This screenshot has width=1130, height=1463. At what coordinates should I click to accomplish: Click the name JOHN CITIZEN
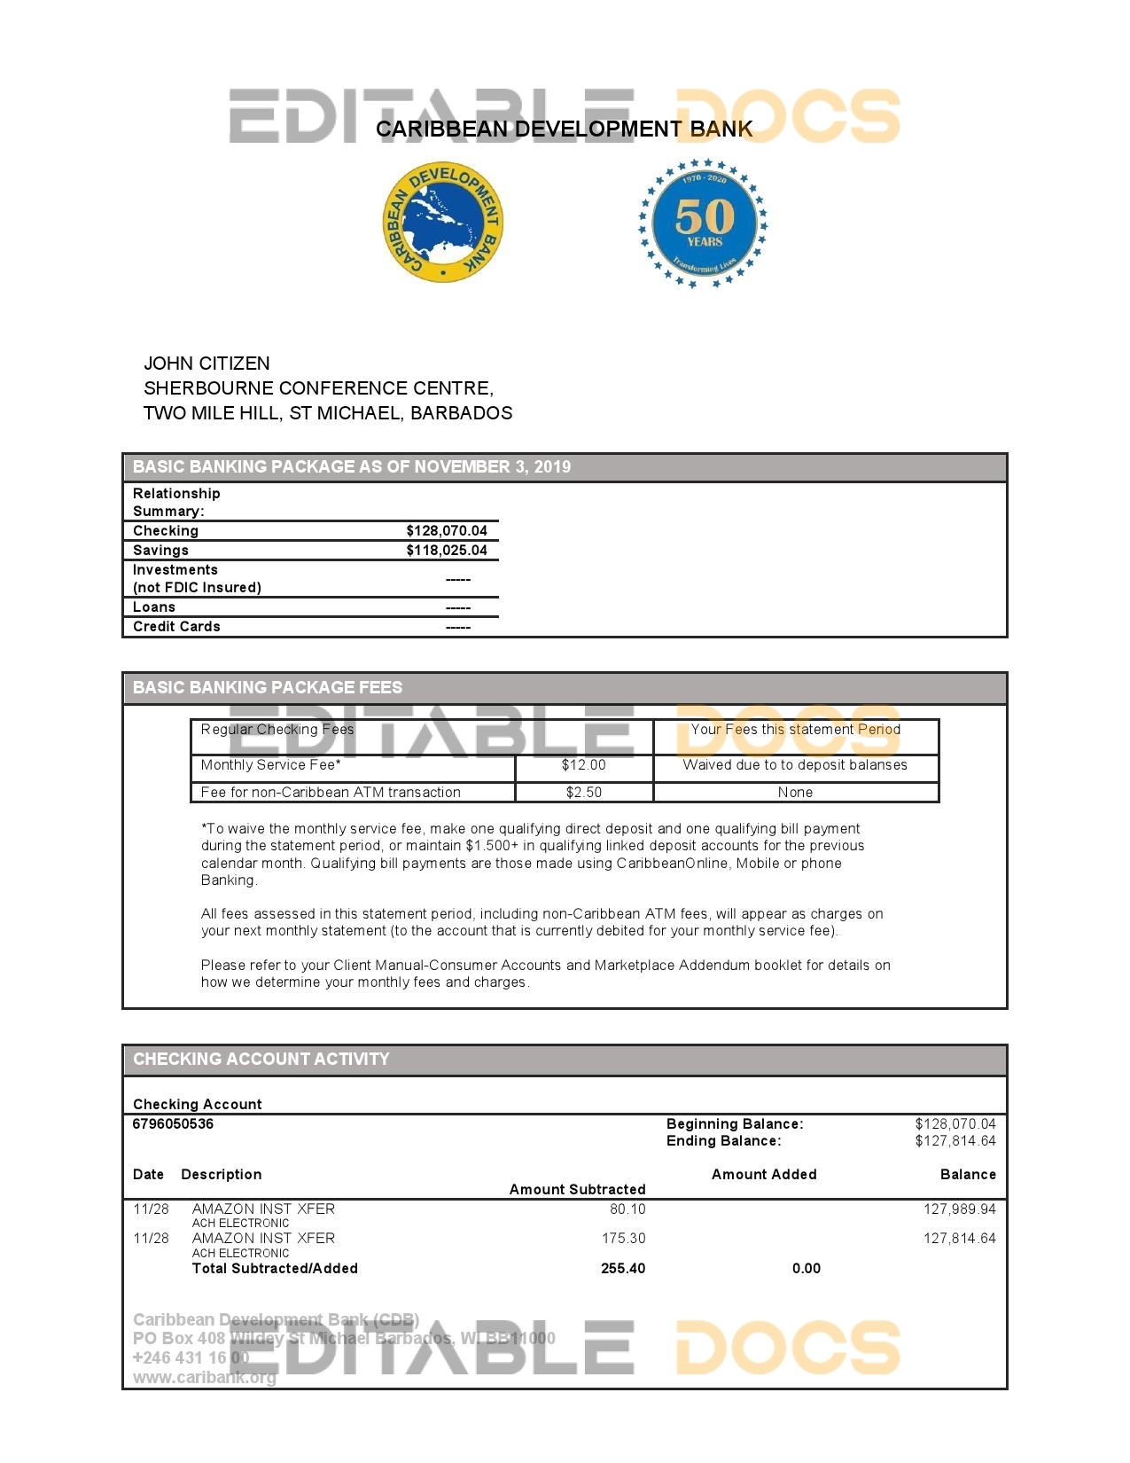click(207, 364)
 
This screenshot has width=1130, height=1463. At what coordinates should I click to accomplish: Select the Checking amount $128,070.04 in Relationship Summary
click(447, 531)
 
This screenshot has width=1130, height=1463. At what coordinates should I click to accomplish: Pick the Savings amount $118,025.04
click(447, 551)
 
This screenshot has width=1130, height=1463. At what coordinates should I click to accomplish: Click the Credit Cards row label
click(176, 627)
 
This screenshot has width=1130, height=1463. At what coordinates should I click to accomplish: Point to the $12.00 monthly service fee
click(583, 765)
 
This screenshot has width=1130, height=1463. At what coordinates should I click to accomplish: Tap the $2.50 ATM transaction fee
click(583, 793)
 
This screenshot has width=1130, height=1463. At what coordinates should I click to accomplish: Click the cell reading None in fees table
click(795, 793)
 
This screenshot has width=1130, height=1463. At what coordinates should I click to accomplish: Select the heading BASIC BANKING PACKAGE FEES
click(268, 688)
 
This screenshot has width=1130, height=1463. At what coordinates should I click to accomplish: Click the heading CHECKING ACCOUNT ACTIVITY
click(261, 1060)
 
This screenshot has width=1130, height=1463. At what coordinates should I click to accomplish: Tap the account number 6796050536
click(173, 1124)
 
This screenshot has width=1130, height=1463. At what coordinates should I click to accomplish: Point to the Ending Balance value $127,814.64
click(955, 1141)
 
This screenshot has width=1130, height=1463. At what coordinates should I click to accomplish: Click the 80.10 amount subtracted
click(627, 1209)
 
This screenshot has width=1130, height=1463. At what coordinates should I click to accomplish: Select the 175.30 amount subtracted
click(623, 1239)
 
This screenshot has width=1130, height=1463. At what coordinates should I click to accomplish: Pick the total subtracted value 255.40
click(623, 1269)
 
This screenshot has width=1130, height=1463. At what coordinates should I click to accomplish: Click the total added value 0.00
click(806, 1269)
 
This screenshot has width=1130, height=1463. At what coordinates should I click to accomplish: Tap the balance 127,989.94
click(959, 1209)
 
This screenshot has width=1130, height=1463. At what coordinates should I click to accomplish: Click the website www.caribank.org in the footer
click(205, 1378)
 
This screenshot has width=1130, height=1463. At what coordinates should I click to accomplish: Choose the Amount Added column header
click(764, 1175)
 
